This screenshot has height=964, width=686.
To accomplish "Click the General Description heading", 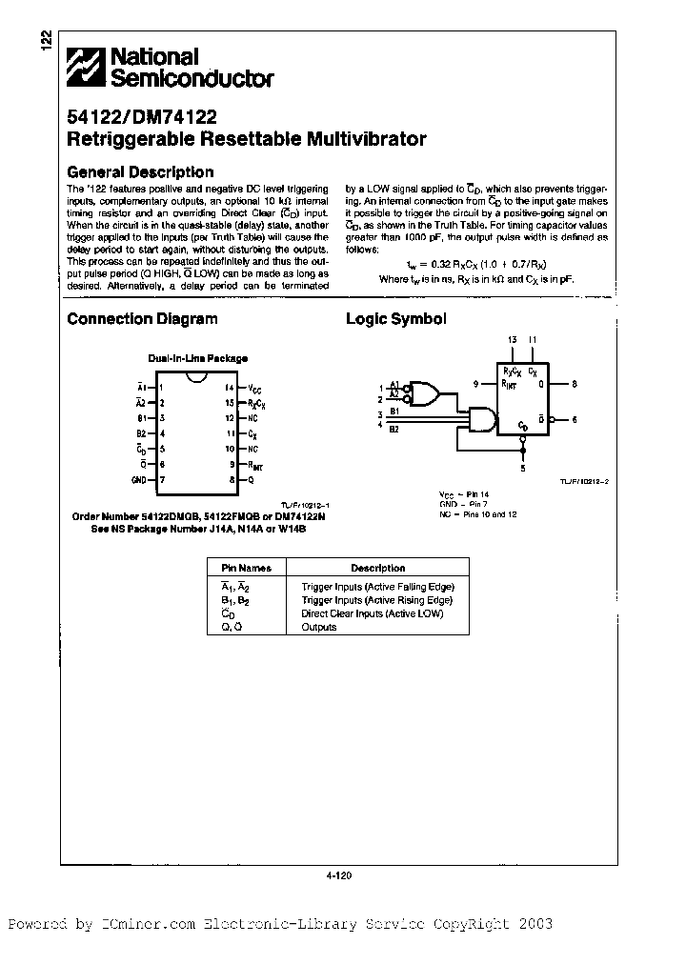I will point(140,172).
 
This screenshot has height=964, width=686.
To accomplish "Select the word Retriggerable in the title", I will point(131,139).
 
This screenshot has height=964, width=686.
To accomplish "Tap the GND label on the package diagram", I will point(139,480).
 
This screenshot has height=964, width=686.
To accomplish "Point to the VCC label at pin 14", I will point(254,388).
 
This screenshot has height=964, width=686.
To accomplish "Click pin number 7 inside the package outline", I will point(162,480).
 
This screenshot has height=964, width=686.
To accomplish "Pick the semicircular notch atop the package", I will point(197,381).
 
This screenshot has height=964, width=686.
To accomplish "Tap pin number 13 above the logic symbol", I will point(512,340).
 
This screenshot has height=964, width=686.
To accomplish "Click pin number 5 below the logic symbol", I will point(523,468).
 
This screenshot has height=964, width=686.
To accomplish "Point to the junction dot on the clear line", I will point(523,443).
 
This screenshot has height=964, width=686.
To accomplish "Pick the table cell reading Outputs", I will point(318,627).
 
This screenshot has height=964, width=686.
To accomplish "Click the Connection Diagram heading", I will point(142,320).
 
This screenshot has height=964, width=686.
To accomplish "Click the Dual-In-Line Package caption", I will point(197,358).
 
